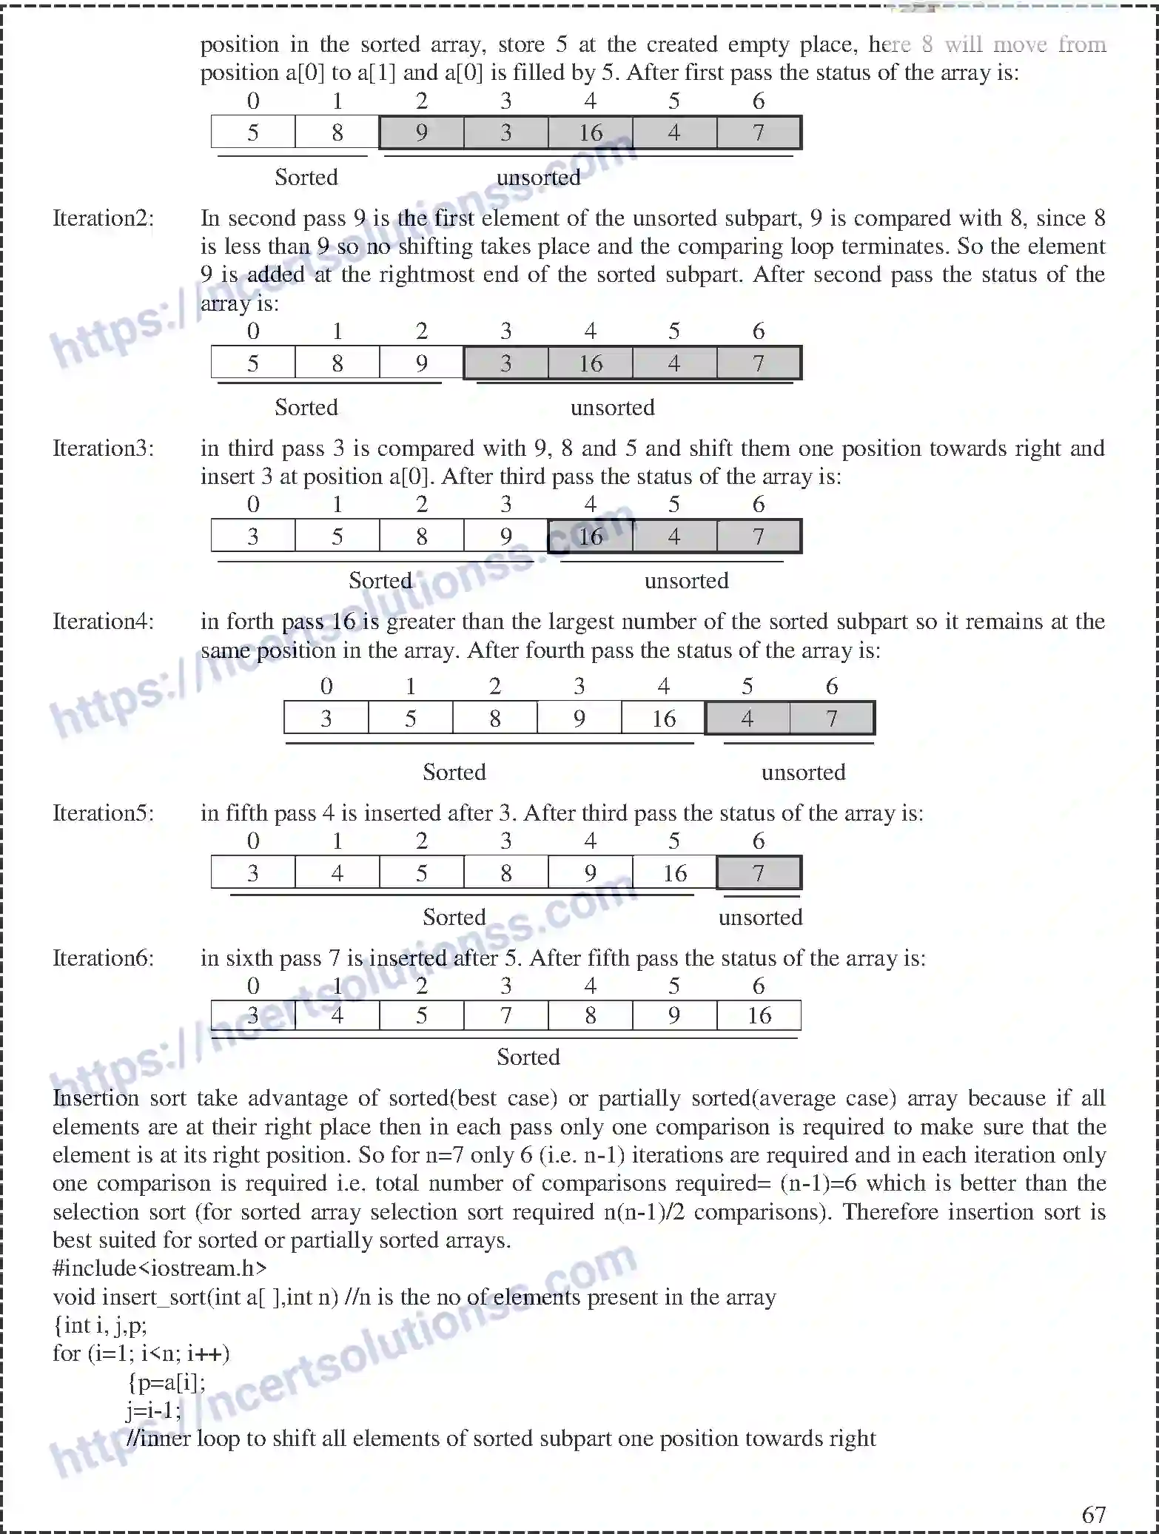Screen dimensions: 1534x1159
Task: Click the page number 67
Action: pyautogui.click(x=1093, y=1514)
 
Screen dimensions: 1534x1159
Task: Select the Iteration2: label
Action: pyautogui.click(x=103, y=218)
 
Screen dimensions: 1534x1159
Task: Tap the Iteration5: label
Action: pyautogui.click(x=103, y=813)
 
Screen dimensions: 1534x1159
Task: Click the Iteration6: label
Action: pyautogui.click(x=103, y=958)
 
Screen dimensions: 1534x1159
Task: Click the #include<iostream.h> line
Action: pyautogui.click(x=160, y=1268)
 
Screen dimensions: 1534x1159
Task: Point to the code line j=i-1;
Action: pyautogui.click(x=153, y=1410)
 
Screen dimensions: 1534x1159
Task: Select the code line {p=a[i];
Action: pyautogui.click(x=167, y=1382)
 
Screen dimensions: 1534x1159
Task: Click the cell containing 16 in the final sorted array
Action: pyautogui.click(x=759, y=1015)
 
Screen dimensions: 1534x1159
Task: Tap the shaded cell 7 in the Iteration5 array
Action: pyautogui.click(x=759, y=873)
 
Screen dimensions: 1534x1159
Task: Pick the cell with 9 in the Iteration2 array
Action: pyautogui.click(x=421, y=363)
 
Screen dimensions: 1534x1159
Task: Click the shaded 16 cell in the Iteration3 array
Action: pyautogui.click(x=590, y=536)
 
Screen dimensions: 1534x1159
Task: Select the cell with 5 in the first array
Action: pyautogui.click(x=253, y=133)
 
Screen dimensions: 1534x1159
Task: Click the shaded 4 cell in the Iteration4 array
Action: pyautogui.click(x=748, y=719)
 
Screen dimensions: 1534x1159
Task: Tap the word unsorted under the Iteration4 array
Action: pyautogui.click(x=803, y=773)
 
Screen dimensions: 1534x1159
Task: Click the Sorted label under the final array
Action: pyautogui.click(x=528, y=1057)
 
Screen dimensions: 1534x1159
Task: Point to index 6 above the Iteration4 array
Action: pyautogui.click(x=832, y=687)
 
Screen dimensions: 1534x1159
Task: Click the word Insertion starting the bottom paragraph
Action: pyautogui.click(x=95, y=1098)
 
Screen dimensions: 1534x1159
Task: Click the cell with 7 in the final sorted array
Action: pyautogui.click(x=505, y=1015)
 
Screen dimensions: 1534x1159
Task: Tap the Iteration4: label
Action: pyautogui.click(x=103, y=622)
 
